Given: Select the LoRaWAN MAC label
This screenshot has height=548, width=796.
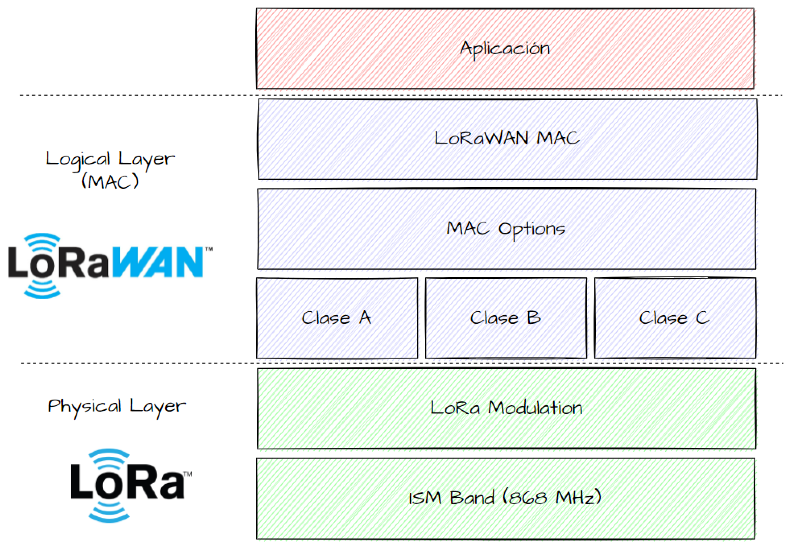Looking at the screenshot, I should pos(507,138).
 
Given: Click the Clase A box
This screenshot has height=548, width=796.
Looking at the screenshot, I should pos(337,318).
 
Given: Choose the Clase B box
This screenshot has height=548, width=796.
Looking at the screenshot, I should pos(506,318).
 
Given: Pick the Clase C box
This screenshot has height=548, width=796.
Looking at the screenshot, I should pos(675,318).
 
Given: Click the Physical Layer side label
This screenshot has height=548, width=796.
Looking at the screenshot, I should pos(117,407).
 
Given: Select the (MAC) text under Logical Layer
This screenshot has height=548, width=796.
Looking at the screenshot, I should pos(110,181).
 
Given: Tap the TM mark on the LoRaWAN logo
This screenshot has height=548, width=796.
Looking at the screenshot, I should pos(209,249).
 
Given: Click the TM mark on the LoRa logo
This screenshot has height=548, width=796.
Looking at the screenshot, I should pos(187,474).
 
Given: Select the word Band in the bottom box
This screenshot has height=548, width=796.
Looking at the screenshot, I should pos(472,497).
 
